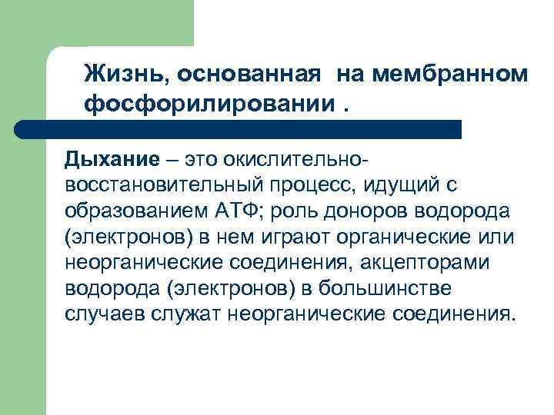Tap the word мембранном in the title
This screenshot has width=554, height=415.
[452, 75]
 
